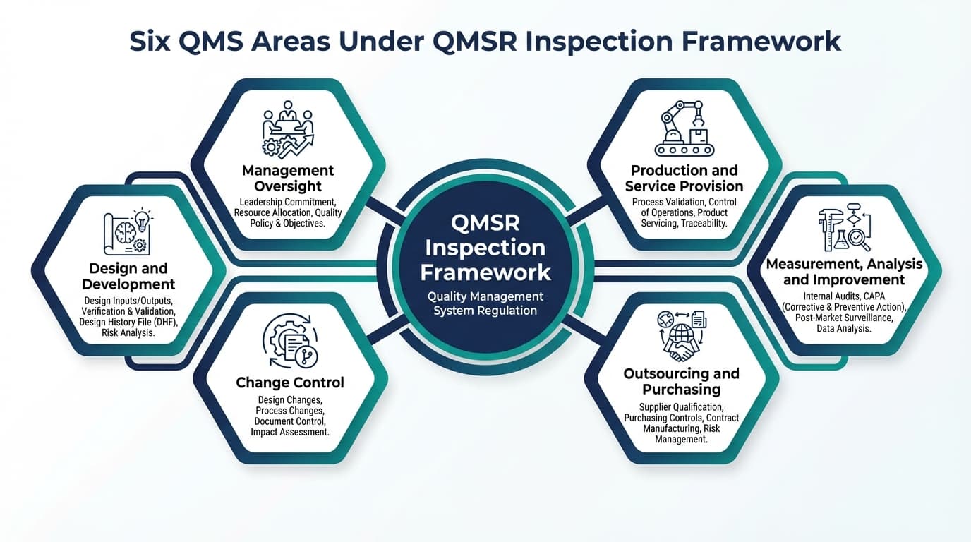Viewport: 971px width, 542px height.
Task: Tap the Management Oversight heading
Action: (288, 179)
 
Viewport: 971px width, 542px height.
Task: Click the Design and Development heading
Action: (128, 277)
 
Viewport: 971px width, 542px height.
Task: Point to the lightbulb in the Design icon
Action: (143, 218)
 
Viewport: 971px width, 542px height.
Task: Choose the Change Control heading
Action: (290, 383)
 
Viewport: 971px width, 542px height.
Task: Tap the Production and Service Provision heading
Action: (684, 179)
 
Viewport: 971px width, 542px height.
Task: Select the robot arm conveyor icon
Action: (684, 127)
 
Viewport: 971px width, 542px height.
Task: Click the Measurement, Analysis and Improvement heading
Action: (844, 272)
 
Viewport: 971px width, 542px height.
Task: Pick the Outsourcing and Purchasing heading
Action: (681, 381)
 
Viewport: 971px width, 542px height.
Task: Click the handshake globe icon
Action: (681, 336)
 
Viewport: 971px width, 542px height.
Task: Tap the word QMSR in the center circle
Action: (485, 223)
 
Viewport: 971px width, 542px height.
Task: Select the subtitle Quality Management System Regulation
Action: (485, 303)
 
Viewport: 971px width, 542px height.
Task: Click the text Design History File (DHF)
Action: (128, 322)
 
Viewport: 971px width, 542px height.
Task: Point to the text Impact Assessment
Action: (290, 432)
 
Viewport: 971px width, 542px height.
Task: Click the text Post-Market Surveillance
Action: (844, 318)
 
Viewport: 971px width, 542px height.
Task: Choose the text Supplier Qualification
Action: (681, 407)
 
